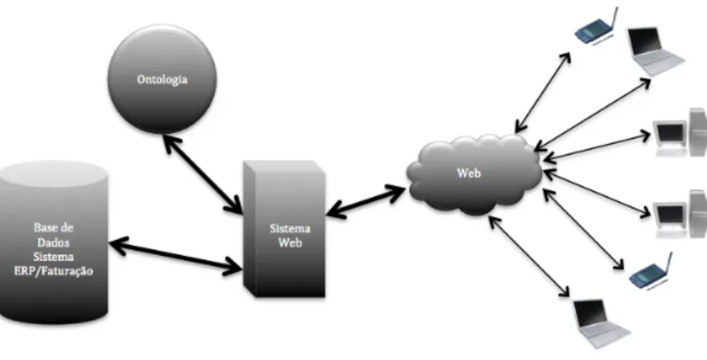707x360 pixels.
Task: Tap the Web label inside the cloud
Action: pyautogui.click(x=469, y=173)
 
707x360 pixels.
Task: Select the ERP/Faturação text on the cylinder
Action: pyautogui.click(x=54, y=271)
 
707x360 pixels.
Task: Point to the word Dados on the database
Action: pyautogui.click(x=54, y=242)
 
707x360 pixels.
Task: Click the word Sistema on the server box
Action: pyautogui.click(x=290, y=228)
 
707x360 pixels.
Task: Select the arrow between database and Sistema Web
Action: pyautogui.click(x=176, y=256)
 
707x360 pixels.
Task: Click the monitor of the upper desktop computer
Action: pyautogui.click(x=670, y=132)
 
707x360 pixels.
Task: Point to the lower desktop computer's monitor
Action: pyautogui.click(x=670, y=214)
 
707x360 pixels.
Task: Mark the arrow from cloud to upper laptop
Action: pyautogui.click(x=593, y=114)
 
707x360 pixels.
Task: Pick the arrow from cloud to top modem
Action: pyautogui.click(x=543, y=93)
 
